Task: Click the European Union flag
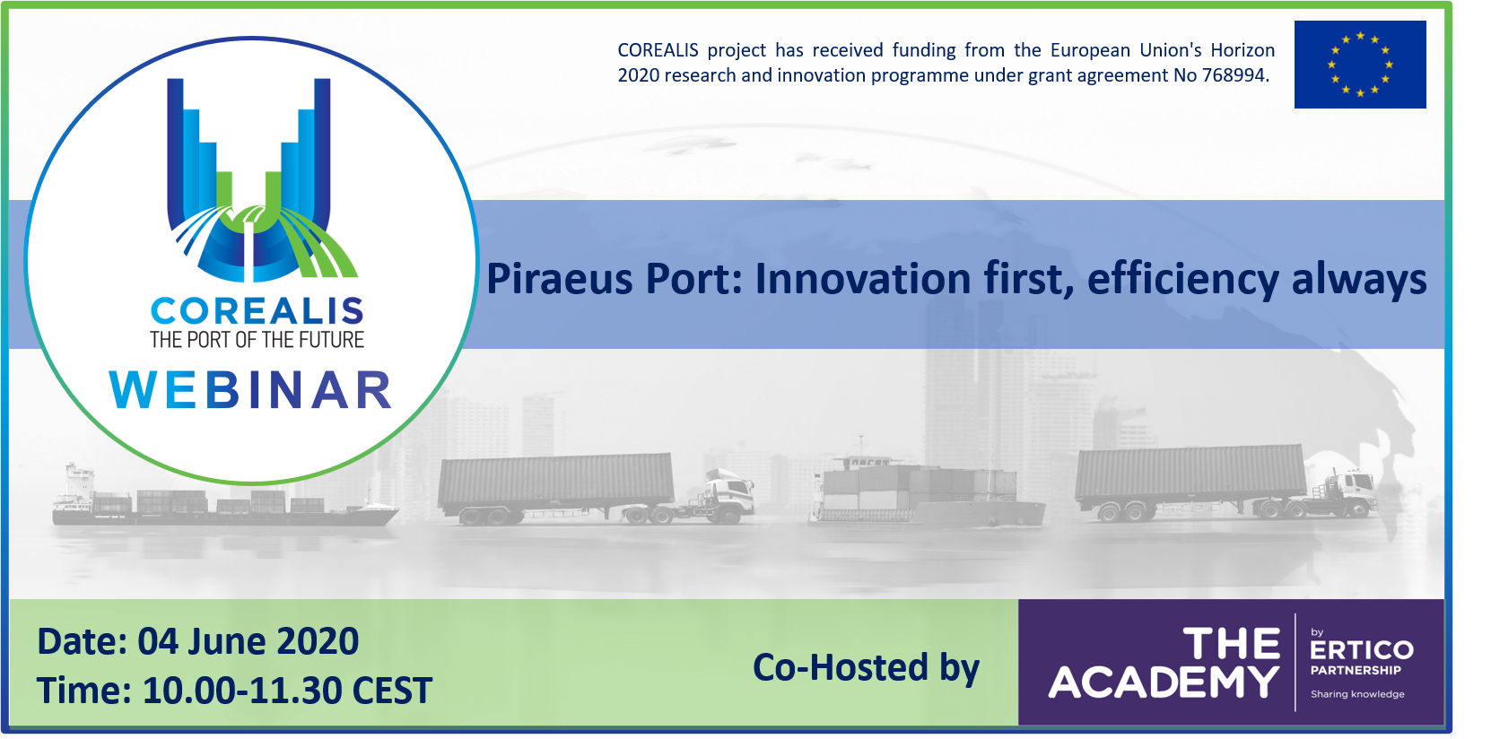pyautogui.click(x=1360, y=64)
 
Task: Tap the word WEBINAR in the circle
pyautogui.click(x=251, y=390)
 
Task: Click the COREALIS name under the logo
pyautogui.click(x=257, y=311)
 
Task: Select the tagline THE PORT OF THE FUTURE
pyautogui.click(x=257, y=340)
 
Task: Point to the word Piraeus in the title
pyautogui.click(x=559, y=279)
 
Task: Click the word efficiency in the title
pyautogui.click(x=1182, y=280)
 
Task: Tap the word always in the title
pyautogui.click(x=1359, y=280)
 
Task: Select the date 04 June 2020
pyautogui.click(x=248, y=641)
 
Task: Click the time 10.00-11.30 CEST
pyautogui.click(x=288, y=691)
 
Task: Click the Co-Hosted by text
pyautogui.click(x=866, y=667)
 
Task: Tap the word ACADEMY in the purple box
pyautogui.click(x=1164, y=682)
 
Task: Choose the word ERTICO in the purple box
pyautogui.click(x=1361, y=650)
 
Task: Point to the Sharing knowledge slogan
pyautogui.click(x=1357, y=694)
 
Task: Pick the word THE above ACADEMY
pyautogui.click(x=1231, y=643)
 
